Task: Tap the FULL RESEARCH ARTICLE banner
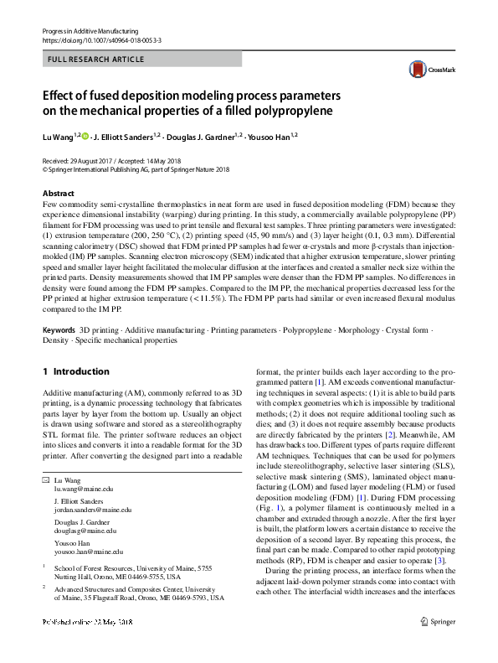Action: click(96, 60)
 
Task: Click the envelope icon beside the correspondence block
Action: click(45, 479)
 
